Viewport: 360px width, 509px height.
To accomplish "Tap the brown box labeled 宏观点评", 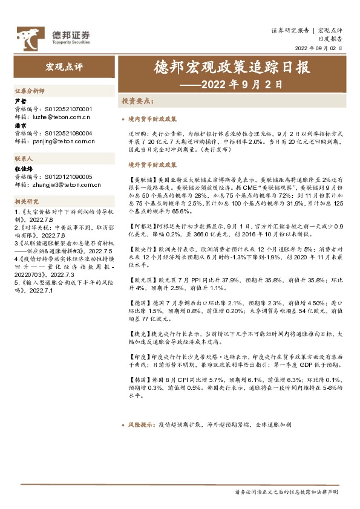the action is pyautogui.click(x=63, y=66).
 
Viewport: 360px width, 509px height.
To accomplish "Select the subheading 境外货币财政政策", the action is pyautogui.click(x=152, y=164).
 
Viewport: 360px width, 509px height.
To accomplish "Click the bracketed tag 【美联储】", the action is pyautogui.click(x=141, y=180).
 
